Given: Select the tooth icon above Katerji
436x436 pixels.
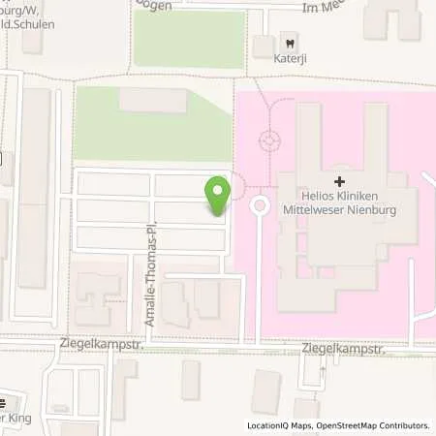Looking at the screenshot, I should [x=288, y=42].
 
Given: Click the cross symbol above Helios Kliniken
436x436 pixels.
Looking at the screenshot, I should [x=339, y=181].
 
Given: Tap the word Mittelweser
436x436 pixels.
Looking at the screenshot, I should [x=311, y=208].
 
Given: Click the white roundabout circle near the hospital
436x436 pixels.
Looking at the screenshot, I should [x=260, y=205].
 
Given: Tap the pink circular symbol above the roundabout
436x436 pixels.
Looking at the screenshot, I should [x=267, y=142].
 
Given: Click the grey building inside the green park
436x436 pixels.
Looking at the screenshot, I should [x=153, y=99].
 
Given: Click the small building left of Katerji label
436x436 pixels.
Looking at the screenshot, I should [x=262, y=46].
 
